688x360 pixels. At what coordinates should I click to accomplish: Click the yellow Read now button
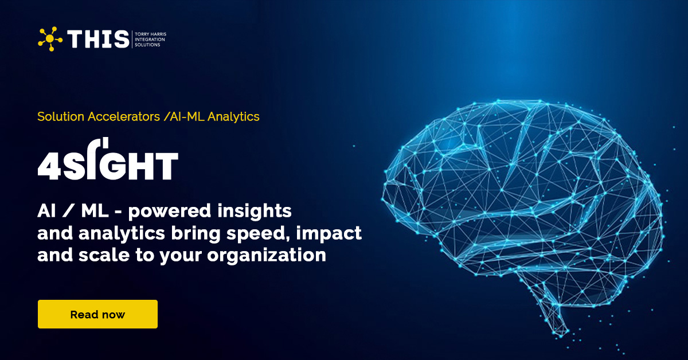(97, 314)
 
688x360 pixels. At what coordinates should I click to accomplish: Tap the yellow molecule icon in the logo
(50, 38)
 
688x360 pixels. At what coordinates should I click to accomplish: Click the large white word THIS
(98, 39)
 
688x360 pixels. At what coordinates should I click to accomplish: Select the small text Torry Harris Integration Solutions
(150, 39)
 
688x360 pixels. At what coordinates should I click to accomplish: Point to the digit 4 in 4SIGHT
(47, 166)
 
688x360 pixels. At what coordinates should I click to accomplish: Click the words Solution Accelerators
(98, 116)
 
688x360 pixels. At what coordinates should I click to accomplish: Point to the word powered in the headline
(169, 212)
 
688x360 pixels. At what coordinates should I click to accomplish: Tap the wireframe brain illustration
(522, 201)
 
